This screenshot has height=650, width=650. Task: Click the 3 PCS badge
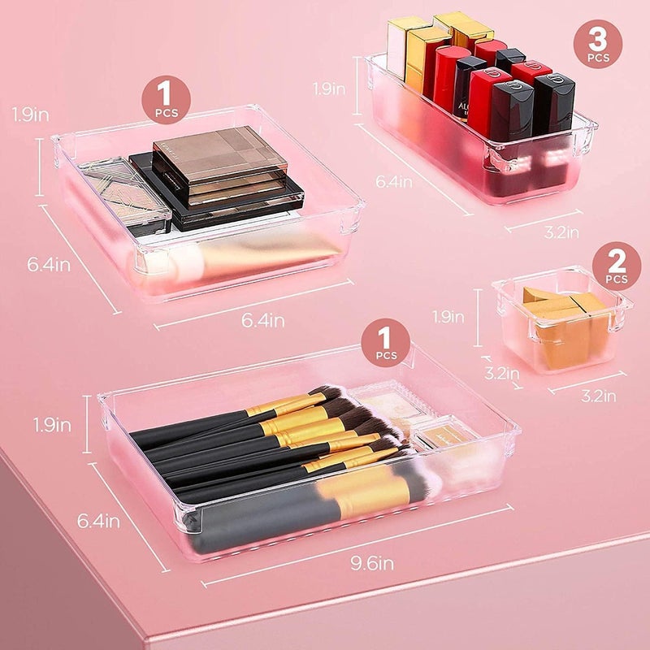click(x=598, y=44)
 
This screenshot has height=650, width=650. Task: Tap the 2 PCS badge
click(x=617, y=266)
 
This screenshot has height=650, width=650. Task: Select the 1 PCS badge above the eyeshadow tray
click(x=167, y=99)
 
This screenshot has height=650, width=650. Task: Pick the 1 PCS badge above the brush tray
click(x=385, y=342)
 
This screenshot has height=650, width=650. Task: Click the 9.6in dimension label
click(x=372, y=563)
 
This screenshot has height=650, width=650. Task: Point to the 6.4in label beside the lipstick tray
click(x=394, y=181)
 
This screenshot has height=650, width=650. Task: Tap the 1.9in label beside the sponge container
click(x=448, y=317)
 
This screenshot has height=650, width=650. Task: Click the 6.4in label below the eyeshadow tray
click(x=262, y=320)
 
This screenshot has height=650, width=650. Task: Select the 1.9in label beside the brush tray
click(x=52, y=425)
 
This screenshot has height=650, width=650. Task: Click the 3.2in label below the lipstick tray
click(x=561, y=232)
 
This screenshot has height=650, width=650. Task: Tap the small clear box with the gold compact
click(x=445, y=435)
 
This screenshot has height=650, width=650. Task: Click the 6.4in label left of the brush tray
click(x=98, y=521)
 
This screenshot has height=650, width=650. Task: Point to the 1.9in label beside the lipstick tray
click(x=329, y=89)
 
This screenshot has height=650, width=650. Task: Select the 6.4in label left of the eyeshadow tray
click(x=49, y=265)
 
